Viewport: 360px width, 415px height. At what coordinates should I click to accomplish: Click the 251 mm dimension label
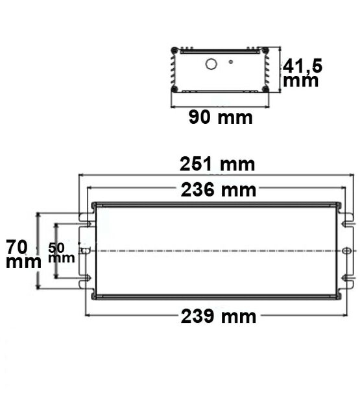point(217,165)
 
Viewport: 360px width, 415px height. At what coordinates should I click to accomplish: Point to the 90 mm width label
point(220,117)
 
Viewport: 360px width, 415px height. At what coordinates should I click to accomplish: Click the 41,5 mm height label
point(302,73)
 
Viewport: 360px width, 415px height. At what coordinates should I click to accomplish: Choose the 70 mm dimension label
point(20,253)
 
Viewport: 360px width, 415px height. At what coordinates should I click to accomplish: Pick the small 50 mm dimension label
point(62,252)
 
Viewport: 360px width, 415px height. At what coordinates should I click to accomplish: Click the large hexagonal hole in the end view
point(211,64)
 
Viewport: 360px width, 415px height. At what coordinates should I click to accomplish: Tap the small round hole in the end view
point(232,63)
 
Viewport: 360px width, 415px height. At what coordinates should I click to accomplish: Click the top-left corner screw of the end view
point(174,51)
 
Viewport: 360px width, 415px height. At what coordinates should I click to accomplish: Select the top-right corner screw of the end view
point(265,51)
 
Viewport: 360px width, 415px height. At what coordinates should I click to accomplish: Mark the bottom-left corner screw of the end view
point(174,89)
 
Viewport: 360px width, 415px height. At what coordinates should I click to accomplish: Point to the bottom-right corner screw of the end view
point(265,89)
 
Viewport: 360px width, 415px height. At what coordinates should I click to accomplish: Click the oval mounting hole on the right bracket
point(346,251)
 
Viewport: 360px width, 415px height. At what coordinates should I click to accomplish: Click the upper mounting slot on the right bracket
point(348,221)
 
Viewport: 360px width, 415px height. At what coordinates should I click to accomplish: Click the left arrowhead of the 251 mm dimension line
point(81,175)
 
